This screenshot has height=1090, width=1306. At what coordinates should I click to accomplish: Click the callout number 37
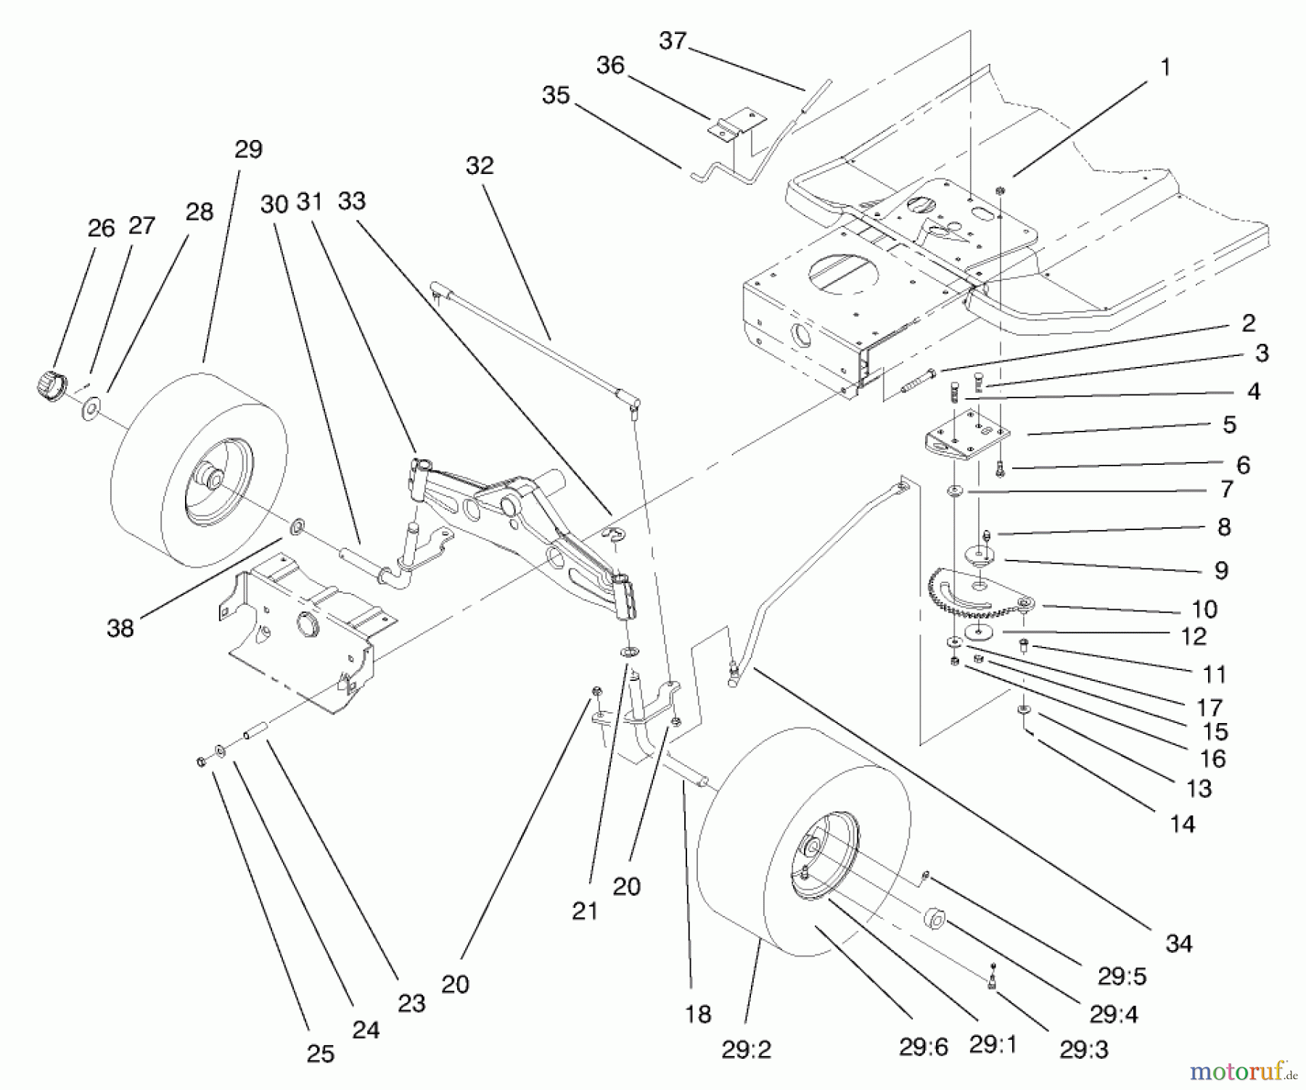pos(672,41)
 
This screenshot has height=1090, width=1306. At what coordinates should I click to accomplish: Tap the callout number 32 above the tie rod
pos(479,165)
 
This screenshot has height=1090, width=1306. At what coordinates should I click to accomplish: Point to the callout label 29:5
pos(1121,977)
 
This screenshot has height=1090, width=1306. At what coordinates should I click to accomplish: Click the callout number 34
pos(1179,943)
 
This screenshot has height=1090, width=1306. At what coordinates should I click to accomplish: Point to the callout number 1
pos(1165,67)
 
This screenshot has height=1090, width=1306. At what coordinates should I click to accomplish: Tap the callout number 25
pos(320,1053)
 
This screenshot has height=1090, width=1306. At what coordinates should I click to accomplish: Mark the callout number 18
pos(697,1014)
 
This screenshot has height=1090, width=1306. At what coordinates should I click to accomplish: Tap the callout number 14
pos(1182,824)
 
